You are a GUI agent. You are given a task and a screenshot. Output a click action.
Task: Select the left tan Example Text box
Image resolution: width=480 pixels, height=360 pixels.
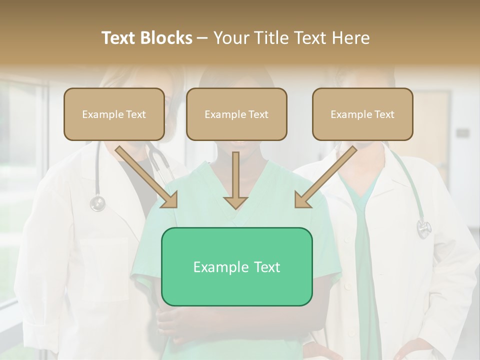[x=114, y=114]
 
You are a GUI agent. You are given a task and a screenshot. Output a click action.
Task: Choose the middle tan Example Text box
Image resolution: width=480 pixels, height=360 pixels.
[x=236, y=114]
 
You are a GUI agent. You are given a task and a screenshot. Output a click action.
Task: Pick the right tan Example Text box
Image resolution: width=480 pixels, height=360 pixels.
[x=362, y=114]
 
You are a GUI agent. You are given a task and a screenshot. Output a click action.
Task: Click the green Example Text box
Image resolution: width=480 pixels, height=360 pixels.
[x=236, y=266]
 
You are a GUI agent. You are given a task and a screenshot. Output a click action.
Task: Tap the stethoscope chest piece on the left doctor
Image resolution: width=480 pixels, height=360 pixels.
[x=97, y=203]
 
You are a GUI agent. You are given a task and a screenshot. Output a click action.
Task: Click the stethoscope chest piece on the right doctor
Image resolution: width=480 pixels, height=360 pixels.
[x=424, y=228]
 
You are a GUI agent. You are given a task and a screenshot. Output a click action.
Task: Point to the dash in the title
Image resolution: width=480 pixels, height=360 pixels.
[x=203, y=38]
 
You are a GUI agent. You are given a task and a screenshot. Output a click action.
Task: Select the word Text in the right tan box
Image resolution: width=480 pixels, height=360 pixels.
[x=384, y=114]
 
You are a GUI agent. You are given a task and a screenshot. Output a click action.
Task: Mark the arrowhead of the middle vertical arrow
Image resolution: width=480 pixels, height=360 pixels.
[x=235, y=202]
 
